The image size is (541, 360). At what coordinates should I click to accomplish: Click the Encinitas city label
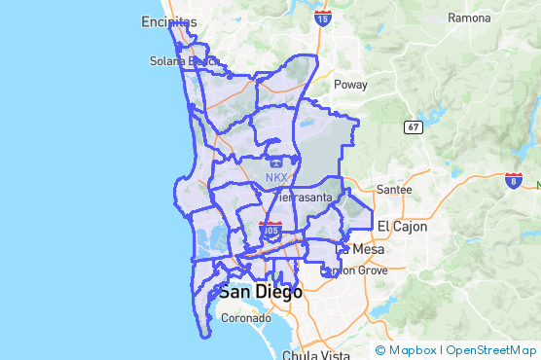[168, 21]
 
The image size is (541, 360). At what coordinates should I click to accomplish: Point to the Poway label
[350, 85]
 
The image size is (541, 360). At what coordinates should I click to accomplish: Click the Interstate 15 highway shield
[323, 17]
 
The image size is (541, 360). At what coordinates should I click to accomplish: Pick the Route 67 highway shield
[413, 126]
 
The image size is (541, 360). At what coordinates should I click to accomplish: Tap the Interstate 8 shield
[514, 180]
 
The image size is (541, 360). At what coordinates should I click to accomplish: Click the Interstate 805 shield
[271, 231]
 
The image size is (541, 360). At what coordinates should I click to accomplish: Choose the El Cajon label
[397, 226]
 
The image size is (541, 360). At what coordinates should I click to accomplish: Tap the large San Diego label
[260, 292]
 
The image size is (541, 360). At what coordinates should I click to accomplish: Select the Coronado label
[245, 317]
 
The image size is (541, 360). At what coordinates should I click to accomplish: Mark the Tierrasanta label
[303, 198]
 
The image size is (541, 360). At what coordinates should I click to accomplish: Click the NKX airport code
[276, 178]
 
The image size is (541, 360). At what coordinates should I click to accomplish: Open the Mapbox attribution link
[412, 350]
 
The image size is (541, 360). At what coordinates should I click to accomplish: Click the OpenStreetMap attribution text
[490, 350]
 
